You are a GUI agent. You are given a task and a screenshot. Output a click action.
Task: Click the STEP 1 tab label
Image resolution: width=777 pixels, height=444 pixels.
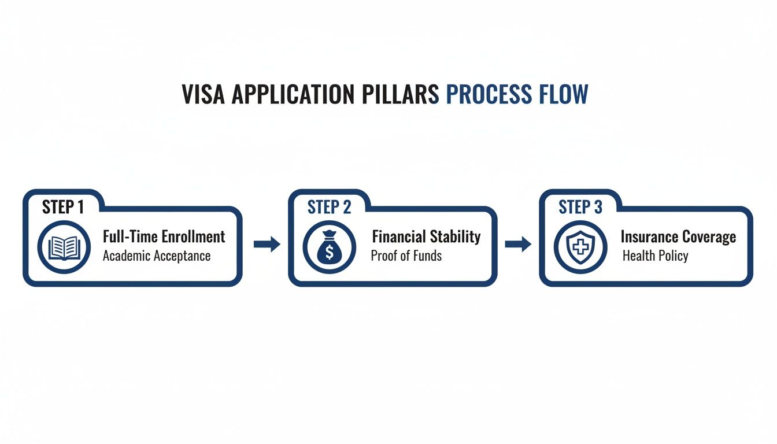coord(63,207)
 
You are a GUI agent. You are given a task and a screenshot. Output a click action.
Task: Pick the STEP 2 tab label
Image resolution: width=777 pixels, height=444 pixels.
coord(329,208)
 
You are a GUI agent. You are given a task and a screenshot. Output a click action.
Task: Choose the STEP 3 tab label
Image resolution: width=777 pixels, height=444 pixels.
coord(580,208)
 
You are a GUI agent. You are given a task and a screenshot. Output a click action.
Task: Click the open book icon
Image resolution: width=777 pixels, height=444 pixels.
coord(64,247)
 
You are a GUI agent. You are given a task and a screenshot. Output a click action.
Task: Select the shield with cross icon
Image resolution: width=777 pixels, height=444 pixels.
coord(580,247)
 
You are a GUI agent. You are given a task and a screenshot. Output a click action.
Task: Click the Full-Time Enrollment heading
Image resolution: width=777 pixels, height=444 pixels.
coord(164,236)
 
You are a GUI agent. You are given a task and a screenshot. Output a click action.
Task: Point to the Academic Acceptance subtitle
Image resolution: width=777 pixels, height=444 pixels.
coord(156,256)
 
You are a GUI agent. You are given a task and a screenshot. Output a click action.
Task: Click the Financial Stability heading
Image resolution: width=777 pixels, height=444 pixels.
coord(426,236)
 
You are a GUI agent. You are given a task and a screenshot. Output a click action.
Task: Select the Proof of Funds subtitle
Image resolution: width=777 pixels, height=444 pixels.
coord(406,256)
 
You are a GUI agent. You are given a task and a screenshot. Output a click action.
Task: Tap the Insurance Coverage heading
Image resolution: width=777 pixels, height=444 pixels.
coord(678,236)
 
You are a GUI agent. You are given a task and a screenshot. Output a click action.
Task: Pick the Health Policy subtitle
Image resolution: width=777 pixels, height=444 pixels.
coord(655,256)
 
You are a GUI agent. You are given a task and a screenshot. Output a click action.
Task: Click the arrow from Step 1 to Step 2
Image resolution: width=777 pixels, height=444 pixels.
coord(267,245)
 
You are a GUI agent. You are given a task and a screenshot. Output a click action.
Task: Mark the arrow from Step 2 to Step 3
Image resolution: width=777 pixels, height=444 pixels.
coord(518,245)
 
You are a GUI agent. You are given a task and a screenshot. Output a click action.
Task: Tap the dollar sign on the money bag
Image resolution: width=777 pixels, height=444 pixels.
coord(329,252)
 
